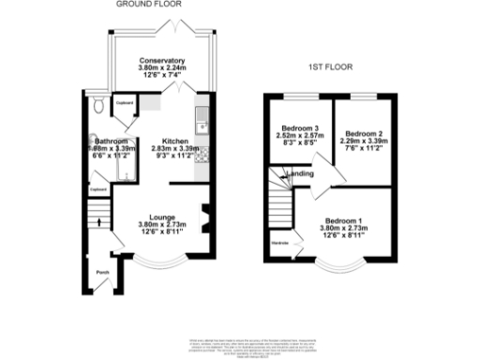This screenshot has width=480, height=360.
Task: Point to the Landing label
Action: coord(301,173)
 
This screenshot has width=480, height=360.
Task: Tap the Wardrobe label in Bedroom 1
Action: coord(280,243)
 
